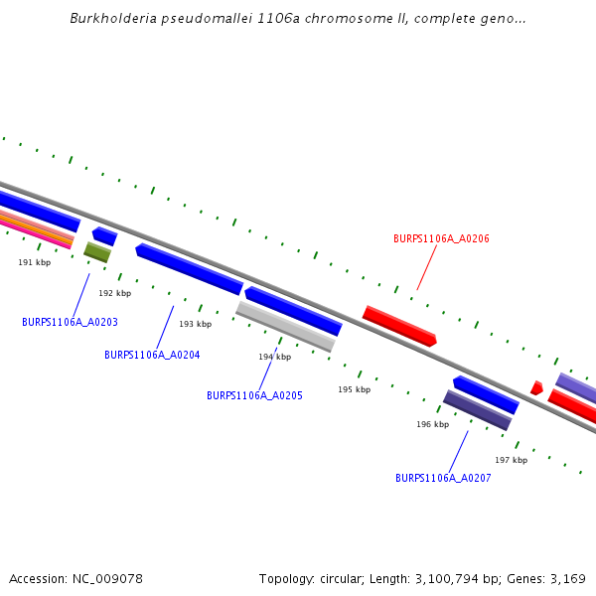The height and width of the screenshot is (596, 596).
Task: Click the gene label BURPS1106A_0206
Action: (441, 238)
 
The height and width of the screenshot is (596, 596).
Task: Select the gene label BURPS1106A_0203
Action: (70, 322)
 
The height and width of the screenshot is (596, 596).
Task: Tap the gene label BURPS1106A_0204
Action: (152, 355)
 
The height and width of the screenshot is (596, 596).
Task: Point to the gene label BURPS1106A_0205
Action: (254, 395)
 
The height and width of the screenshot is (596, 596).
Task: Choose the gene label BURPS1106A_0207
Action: (443, 478)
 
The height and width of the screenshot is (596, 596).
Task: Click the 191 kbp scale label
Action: (35, 262)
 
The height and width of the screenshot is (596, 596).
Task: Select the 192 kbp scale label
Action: (114, 293)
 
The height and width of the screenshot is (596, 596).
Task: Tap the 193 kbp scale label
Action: (195, 324)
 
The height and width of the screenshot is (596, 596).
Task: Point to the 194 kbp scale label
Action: (274, 357)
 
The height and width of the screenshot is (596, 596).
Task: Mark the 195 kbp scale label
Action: (354, 389)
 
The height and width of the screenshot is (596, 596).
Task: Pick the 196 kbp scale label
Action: (432, 424)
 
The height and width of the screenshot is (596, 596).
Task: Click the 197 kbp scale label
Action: (511, 460)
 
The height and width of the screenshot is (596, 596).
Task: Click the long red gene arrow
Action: (399, 326)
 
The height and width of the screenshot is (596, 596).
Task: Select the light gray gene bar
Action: (285, 327)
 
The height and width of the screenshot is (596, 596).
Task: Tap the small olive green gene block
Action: (96, 252)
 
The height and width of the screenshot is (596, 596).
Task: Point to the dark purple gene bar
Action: (477, 410)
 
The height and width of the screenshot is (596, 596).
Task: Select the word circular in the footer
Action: (357, 578)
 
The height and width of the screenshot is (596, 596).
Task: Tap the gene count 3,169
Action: (568, 578)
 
